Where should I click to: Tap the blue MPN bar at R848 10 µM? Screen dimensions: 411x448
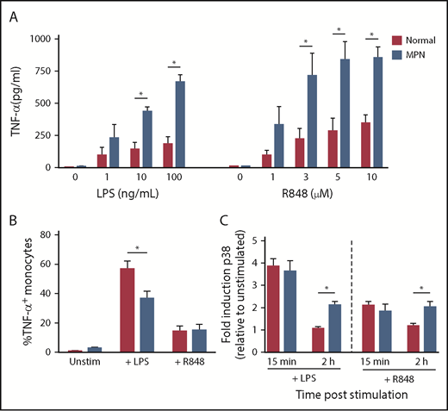click(376, 112)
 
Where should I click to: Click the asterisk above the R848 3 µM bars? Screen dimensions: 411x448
click(304, 41)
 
